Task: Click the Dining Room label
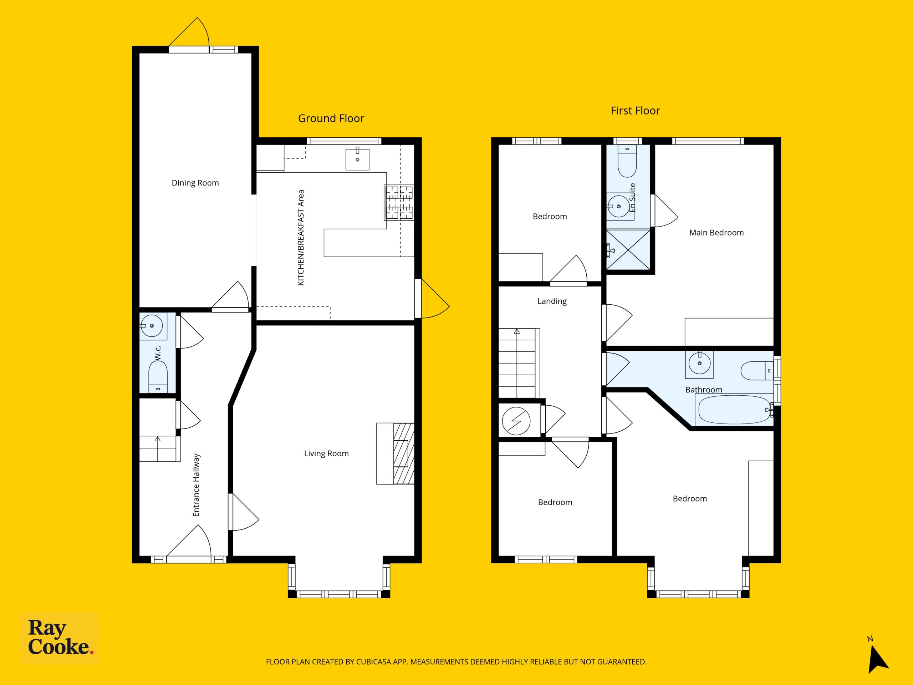click(x=195, y=183)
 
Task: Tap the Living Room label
click(x=326, y=453)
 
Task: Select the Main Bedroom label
click(x=716, y=233)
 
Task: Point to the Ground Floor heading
click(x=331, y=118)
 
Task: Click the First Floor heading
click(x=635, y=111)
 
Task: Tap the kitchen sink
click(x=357, y=159)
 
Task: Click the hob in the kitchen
click(x=399, y=202)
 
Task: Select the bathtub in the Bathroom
click(x=734, y=410)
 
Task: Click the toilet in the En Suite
click(x=627, y=162)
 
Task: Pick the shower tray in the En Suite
click(x=628, y=250)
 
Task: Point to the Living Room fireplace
click(x=396, y=453)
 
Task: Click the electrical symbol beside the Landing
click(x=516, y=421)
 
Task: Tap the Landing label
click(x=552, y=301)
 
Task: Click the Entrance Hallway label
click(x=196, y=485)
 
